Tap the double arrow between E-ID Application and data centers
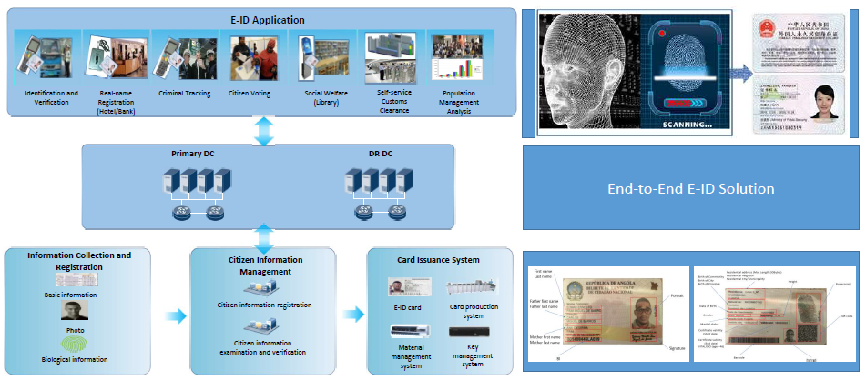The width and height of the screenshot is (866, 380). coord(263,130)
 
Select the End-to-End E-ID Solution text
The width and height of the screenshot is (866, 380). coord(690,189)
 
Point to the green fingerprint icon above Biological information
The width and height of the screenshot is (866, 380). coord(75,345)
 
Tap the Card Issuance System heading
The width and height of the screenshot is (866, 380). coord(438,260)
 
